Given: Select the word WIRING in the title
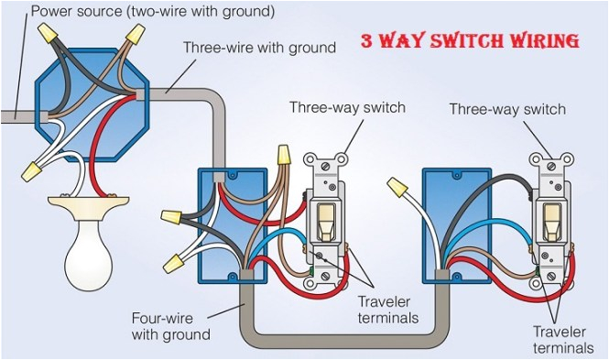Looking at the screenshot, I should (x=546, y=41).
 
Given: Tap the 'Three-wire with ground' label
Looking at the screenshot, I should (x=259, y=48).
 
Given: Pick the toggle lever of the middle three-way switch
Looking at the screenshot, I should (x=325, y=215).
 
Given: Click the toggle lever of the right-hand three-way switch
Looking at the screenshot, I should (x=553, y=215).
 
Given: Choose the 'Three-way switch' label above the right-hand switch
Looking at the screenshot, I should (x=506, y=109).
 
